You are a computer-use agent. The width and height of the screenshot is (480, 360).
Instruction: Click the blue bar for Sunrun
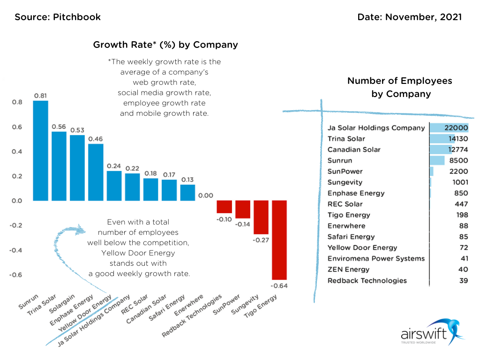coord(40,150)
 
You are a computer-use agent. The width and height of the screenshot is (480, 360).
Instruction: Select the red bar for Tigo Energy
coord(279,240)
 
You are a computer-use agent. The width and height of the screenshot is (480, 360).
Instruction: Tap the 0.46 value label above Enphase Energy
coord(96,139)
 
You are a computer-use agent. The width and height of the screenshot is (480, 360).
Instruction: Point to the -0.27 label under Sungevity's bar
coord(261,240)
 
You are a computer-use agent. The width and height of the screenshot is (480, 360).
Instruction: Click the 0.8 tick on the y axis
coord(16,102)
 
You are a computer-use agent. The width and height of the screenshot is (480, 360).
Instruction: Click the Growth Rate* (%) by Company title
coord(165,45)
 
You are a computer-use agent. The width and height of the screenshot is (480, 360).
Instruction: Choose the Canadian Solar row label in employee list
coord(354,150)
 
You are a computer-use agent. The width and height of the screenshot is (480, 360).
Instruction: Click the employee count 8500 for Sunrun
coord(458,160)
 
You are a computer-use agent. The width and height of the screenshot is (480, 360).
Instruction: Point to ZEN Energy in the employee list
coord(348,270)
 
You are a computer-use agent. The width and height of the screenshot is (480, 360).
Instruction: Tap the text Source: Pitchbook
coord(58,17)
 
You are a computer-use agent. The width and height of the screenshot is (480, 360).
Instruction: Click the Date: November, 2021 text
coord(409,17)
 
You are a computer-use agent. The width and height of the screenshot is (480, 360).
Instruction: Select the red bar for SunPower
coord(242,209)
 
